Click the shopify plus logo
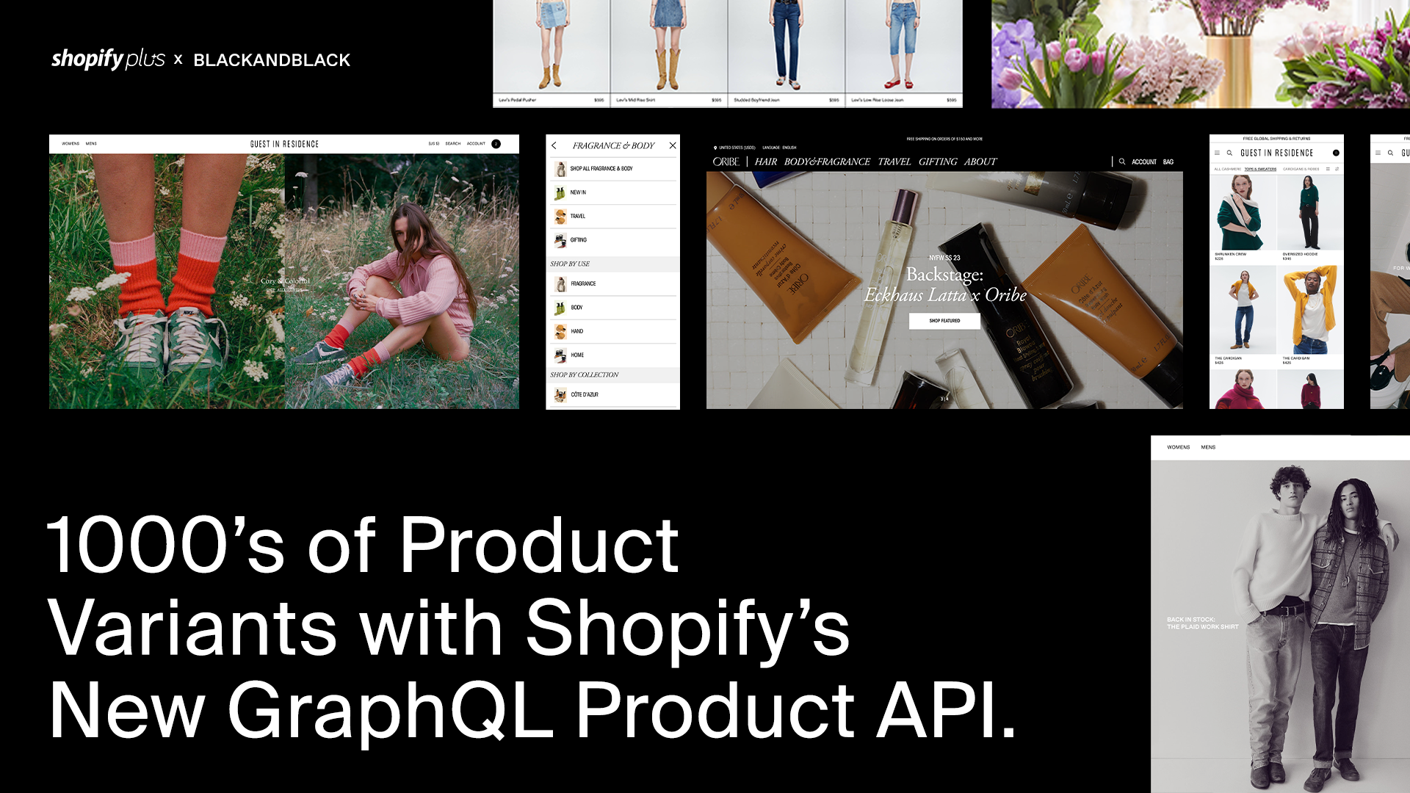click(108, 59)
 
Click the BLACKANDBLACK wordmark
click(272, 60)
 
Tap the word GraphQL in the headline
click(390, 710)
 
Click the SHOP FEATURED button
click(944, 321)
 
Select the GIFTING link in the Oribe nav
click(938, 162)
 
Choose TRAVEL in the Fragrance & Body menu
click(578, 217)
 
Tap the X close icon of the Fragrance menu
click(673, 145)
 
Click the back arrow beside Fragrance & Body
click(554, 145)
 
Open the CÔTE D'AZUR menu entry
click(585, 395)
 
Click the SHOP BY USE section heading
click(570, 264)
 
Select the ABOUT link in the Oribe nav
click(980, 162)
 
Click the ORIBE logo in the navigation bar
click(726, 162)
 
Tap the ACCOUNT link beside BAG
click(1143, 162)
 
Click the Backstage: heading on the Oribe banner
click(944, 275)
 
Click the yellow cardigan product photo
click(1309, 308)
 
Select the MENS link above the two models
click(1208, 447)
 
